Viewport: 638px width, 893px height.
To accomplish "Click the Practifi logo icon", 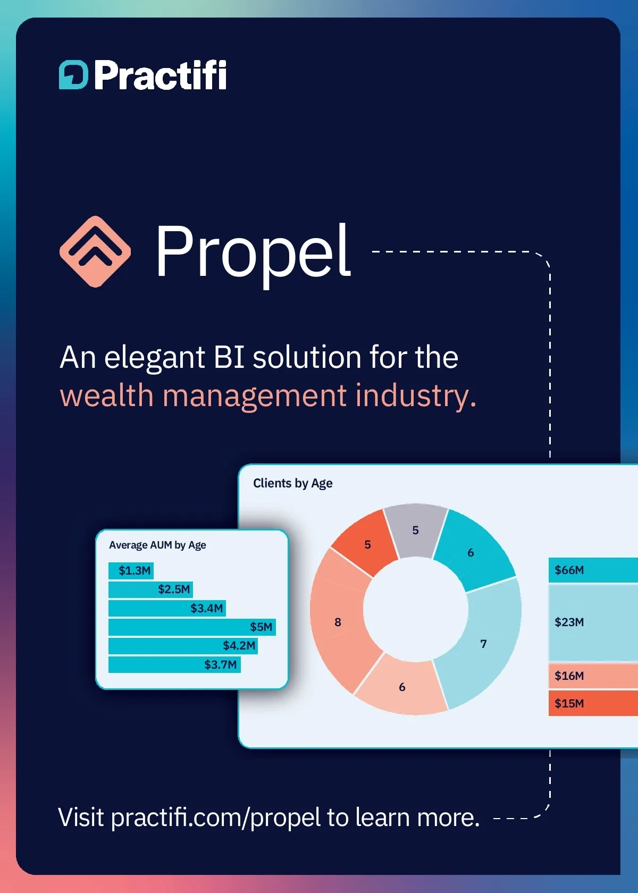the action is (73, 75).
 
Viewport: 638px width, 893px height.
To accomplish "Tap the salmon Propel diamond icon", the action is (95, 251).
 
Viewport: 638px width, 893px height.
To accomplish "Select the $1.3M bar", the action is (131, 570).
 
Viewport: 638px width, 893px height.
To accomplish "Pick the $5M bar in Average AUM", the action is (192, 627).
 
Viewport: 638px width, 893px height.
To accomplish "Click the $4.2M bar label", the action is (239, 645).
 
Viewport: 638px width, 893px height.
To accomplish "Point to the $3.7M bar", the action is (174, 664).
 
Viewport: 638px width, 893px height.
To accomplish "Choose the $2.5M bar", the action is (150, 589).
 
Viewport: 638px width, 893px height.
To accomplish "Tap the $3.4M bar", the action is (167, 608).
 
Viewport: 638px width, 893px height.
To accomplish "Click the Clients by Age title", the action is (292, 484).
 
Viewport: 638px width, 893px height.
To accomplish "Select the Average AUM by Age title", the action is (157, 545).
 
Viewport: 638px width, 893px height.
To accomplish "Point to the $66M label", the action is (569, 570).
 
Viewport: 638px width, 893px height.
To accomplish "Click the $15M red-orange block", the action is (593, 703).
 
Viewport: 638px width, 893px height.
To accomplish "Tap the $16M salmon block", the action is (593, 675).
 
